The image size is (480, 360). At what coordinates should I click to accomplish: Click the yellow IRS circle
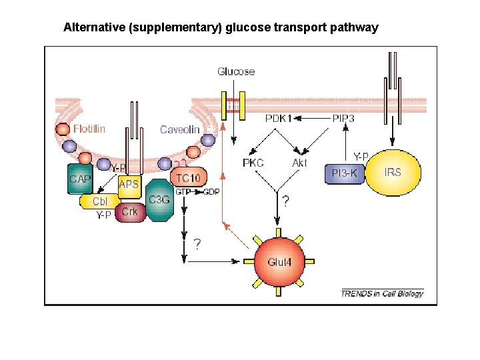(393, 172)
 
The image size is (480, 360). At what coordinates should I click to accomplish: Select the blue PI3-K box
(345, 173)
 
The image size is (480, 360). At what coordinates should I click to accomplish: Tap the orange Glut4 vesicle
(279, 261)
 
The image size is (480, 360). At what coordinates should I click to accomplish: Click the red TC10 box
(189, 178)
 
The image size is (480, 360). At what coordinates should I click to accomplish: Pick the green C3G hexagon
(159, 199)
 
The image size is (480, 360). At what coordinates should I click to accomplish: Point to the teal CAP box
(79, 179)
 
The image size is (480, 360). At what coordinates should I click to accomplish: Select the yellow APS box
(129, 185)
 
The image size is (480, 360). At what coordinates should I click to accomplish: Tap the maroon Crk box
(129, 212)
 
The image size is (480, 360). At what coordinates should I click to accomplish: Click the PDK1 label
(279, 118)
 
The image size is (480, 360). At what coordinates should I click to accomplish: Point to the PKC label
(253, 163)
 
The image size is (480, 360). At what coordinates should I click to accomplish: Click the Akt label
(300, 163)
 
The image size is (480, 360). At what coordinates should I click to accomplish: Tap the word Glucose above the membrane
(236, 71)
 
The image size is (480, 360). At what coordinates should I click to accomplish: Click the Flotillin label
(89, 128)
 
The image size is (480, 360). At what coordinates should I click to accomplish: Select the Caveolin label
(179, 129)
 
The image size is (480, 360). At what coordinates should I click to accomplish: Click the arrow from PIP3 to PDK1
(313, 119)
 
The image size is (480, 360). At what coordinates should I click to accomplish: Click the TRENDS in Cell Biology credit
(382, 293)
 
